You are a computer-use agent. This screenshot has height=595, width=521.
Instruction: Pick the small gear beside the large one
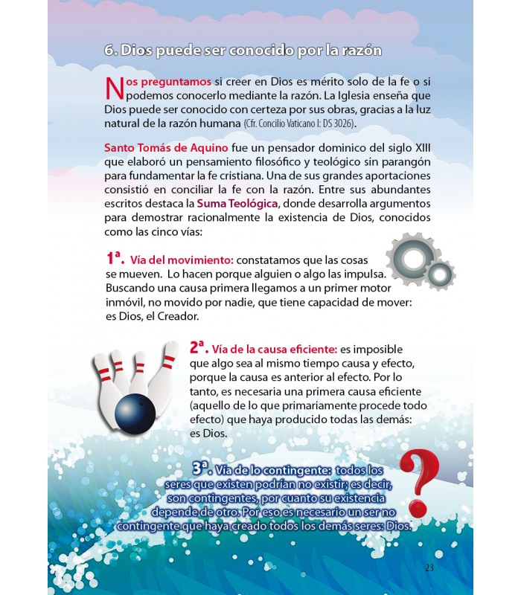[x=440, y=274]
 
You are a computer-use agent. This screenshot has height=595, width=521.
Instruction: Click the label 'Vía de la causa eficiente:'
[x=274, y=349]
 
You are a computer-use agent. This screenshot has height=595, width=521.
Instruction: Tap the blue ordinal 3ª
[x=202, y=468]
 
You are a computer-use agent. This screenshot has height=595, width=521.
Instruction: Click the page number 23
[x=429, y=567]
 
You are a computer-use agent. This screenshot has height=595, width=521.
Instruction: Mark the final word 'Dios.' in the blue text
[x=397, y=525]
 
